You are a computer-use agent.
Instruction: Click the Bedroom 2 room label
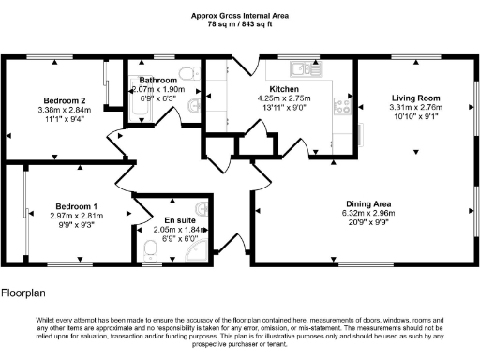[x=65, y=100]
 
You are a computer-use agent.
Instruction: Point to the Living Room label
[x=415, y=97]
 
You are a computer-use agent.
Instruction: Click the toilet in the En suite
[x=153, y=249]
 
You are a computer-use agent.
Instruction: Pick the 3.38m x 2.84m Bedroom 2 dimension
[x=65, y=111]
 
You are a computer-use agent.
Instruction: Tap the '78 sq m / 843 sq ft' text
[x=240, y=24]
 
